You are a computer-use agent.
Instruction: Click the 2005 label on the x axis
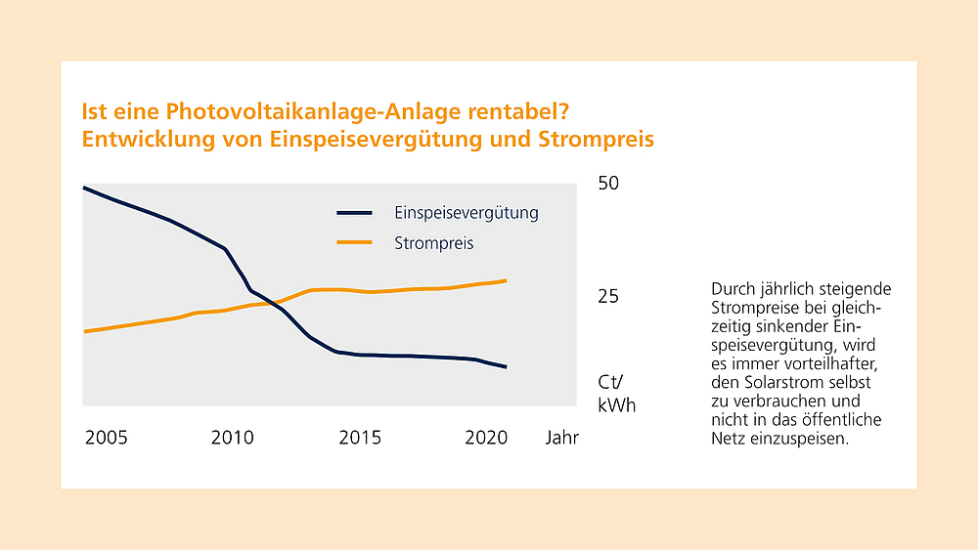tap(106, 438)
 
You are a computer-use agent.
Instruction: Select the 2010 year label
tap(232, 438)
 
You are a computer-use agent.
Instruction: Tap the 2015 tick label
tap(359, 438)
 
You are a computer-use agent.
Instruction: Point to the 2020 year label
tap(486, 438)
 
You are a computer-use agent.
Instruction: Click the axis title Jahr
tap(562, 438)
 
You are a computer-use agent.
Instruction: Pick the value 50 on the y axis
tap(609, 184)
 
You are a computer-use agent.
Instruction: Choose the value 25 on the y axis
tap(608, 296)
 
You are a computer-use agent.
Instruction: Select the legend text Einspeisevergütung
tap(467, 212)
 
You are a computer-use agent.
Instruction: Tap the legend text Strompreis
tap(434, 243)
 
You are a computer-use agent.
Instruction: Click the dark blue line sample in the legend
tap(354, 212)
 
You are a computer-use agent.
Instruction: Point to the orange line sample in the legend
tap(354, 242)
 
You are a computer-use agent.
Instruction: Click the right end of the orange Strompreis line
tap(506, 281)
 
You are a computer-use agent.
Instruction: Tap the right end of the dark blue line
tap(506, 367)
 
